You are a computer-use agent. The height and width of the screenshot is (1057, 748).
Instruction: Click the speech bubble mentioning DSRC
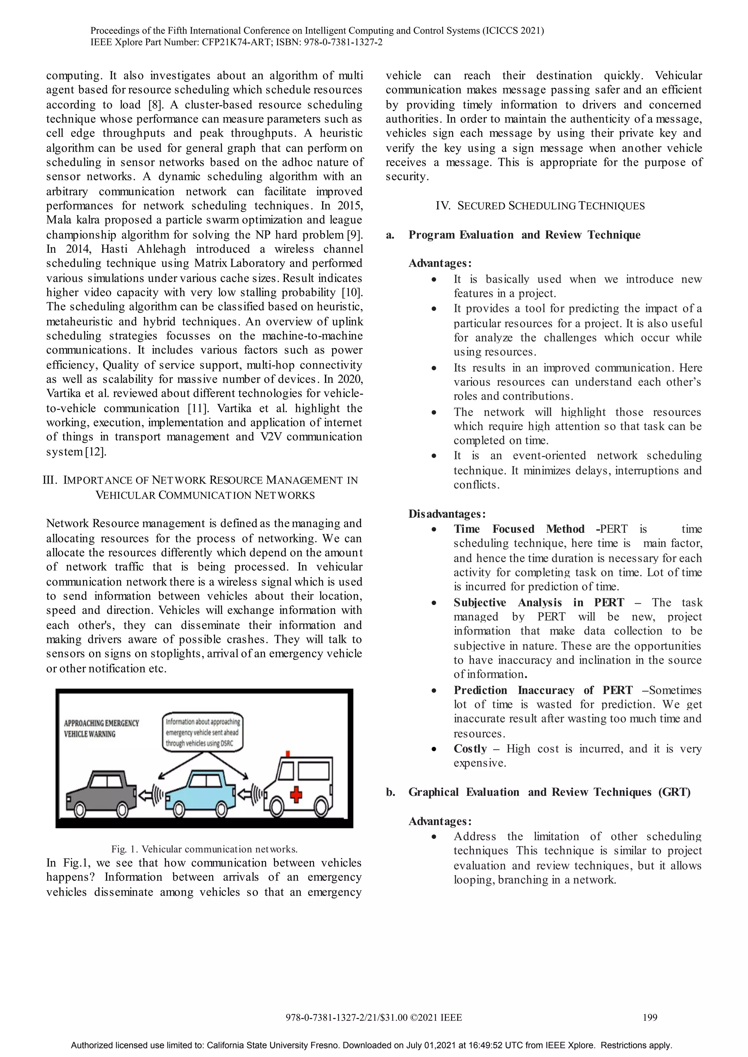(x=203, y=732)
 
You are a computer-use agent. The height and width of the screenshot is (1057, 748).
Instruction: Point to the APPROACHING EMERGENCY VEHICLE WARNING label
(x=101, y=729)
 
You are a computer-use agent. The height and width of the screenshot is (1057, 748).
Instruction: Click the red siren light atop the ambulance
(x=288, y=754)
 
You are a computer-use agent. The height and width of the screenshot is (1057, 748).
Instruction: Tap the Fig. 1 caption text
(x=204, y=849)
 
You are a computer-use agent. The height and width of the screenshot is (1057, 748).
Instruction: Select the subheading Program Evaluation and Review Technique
(x=524, y=235)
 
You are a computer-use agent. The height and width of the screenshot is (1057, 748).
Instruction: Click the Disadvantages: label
(x=447, y=514)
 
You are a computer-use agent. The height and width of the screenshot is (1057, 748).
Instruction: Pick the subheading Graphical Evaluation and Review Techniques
(x=549, y=792)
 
